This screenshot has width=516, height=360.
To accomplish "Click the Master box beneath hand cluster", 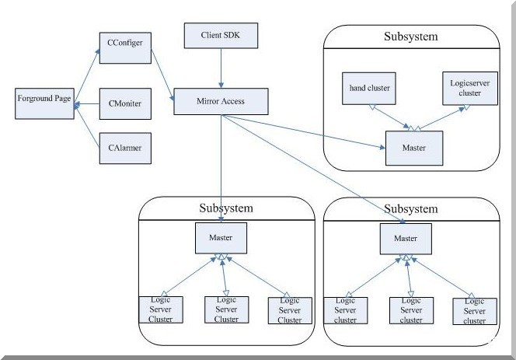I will pos(413,148).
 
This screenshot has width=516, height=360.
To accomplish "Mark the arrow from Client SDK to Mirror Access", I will pos(221,70).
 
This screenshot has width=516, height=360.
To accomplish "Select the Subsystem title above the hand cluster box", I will pos(410,37).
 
